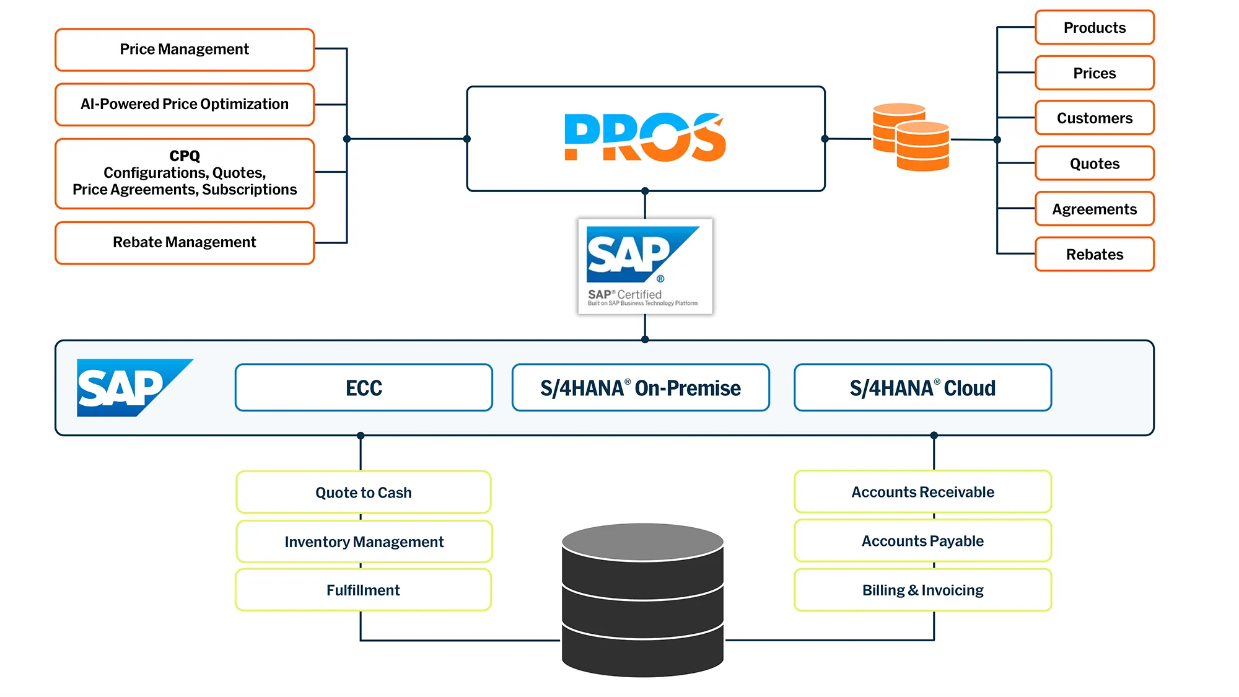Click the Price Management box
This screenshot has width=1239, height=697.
click(x=185, y=50)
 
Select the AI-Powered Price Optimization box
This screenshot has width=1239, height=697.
click(x=185, y=104)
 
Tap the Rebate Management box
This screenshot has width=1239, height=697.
click(x=185, y=242)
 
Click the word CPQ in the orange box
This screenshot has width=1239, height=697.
click(x=185, y=156)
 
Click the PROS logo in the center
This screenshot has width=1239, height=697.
click(x=645, y=138)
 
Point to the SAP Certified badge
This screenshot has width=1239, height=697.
click(x=645, y=266)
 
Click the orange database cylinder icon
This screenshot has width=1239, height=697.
click(x=911, y=138)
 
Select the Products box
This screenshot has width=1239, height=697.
click(x=1094, y=28)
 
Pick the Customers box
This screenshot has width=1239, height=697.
click(x=1094, y=118)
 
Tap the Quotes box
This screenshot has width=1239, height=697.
click(x=1094, y=164)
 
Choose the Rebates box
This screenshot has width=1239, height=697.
click(x=1094, y=254)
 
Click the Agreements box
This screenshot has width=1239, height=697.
click(x=1094, y=209)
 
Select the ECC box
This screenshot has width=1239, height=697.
click(x=364, y=388)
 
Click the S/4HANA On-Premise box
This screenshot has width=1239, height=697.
click(x=641, y=388)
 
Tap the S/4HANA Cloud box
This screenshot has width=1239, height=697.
click(x=922, y=388)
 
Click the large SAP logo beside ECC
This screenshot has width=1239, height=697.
click(x=127, y=387)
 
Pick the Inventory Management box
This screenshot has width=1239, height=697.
click(x=364, y=541)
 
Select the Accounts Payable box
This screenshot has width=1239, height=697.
click(x=922, y=541)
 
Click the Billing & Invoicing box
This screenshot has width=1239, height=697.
click(x=922, y=590)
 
